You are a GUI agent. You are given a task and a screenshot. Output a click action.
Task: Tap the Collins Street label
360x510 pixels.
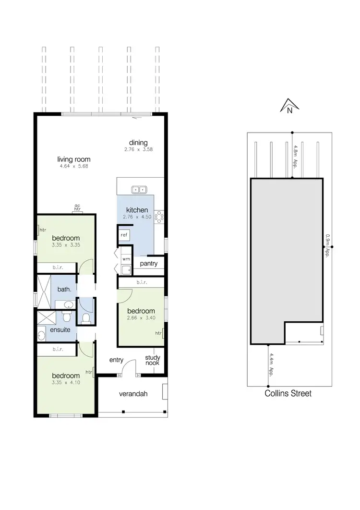click(x=288, y=394)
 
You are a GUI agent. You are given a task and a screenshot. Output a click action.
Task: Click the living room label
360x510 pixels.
click(x=74, y=160)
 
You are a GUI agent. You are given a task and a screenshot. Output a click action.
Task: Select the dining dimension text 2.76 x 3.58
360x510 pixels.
click(x=138, y=149)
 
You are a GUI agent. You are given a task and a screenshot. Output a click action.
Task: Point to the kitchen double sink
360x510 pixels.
click(x=139, y=190)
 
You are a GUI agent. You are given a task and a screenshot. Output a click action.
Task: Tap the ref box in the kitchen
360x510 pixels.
click(x=124, y=235)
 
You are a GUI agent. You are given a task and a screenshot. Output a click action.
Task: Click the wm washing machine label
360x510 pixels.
click(x=126, y=259)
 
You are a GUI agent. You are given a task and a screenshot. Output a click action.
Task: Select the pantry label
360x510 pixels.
click(x=149, y=264)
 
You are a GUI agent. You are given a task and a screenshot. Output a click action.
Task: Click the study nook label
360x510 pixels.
click(x=153, y=360)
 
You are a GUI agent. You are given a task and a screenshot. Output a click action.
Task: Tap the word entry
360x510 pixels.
click(x=117, y=360)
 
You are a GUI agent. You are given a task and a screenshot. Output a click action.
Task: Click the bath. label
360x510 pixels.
click(x=64, y=289)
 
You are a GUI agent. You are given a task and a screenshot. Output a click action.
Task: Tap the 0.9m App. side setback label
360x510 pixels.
click(x=327, y=245)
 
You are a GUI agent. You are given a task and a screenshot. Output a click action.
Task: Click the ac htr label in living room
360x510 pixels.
click(x=77, y=208)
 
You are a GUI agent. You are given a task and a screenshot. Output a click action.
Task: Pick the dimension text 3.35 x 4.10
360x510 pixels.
click(x=66, y=383)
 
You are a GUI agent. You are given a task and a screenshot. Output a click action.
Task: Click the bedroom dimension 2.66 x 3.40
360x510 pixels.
click(x=141, y=317)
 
